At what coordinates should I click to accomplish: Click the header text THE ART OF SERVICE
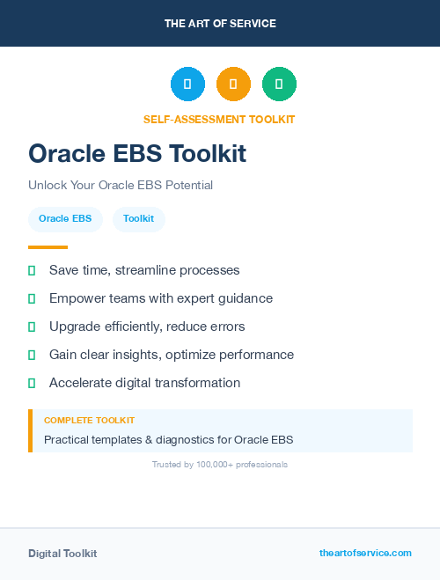pyautogui.click(x=219, y=23)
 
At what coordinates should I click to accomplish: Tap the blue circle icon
pyautogui.click(x=187, y=84)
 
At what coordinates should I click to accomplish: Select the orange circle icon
pyautogui.click(x=233, y=84)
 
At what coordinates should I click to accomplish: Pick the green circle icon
pyautogui.click(x=279, y=84)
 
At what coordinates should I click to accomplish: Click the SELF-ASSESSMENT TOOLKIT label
pyautogui.click(x=219, y=119)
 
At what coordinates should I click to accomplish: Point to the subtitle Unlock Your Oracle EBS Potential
pyautogui.click(x=121, y=185)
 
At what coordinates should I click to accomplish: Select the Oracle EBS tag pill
pyautogui.click(x=65, y=218)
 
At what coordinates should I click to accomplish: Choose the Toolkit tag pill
pyautogui.click(x=139, y=218)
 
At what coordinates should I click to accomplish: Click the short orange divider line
pyautogui.click(x=48, y=247)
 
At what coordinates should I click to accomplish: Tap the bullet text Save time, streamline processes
pyautogui.click(x=144, y=270)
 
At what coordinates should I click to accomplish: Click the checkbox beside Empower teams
pyautogui.click(x=32, y=298)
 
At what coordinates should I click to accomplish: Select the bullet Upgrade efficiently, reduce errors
pyautogui.click(x=147, y=327)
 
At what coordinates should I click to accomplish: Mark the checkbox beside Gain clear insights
pyautogui.click(x=32, y=355)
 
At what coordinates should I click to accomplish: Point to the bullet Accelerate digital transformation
pyautogui.click(x=144, y=383)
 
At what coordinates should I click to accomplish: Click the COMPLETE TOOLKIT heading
pyautogui.click(x=89, y=421)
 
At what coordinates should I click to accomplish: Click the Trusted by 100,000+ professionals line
pyautogui.click(x=219, y=464)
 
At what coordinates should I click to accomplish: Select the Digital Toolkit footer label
pyautogui.click(x=62, y=554)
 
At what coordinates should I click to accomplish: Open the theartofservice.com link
pyautogui.click(x=365, y=553)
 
